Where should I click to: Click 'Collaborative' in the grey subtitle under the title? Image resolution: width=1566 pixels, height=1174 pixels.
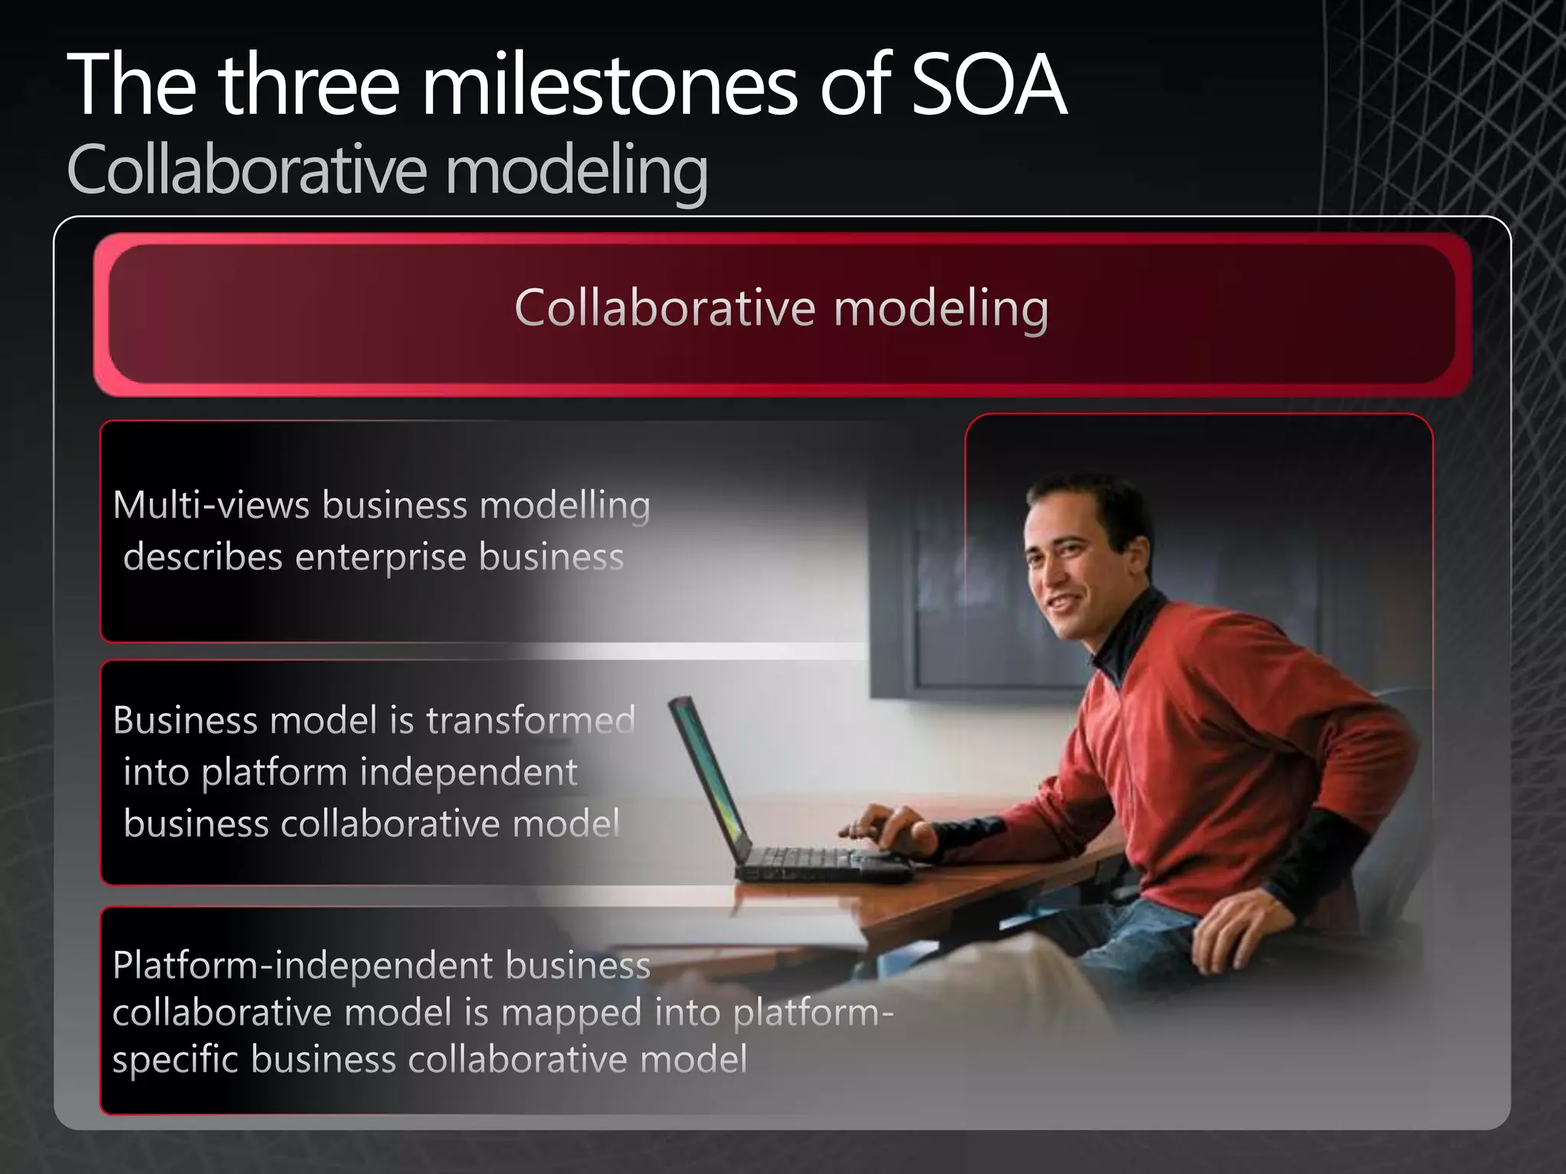point(246,170)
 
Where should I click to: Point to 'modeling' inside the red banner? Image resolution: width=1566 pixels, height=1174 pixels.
point(941,309)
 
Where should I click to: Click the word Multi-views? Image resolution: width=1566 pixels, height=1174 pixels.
point(211,505)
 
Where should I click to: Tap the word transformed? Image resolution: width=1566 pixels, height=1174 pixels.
point(531,720)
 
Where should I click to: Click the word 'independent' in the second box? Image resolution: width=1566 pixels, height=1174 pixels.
point(468,772)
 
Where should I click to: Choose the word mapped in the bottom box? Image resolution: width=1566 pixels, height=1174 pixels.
point(571,1013)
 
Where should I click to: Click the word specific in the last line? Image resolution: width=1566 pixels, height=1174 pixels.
point(175,1060)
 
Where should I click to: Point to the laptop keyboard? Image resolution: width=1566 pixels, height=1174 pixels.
point(811,861)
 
